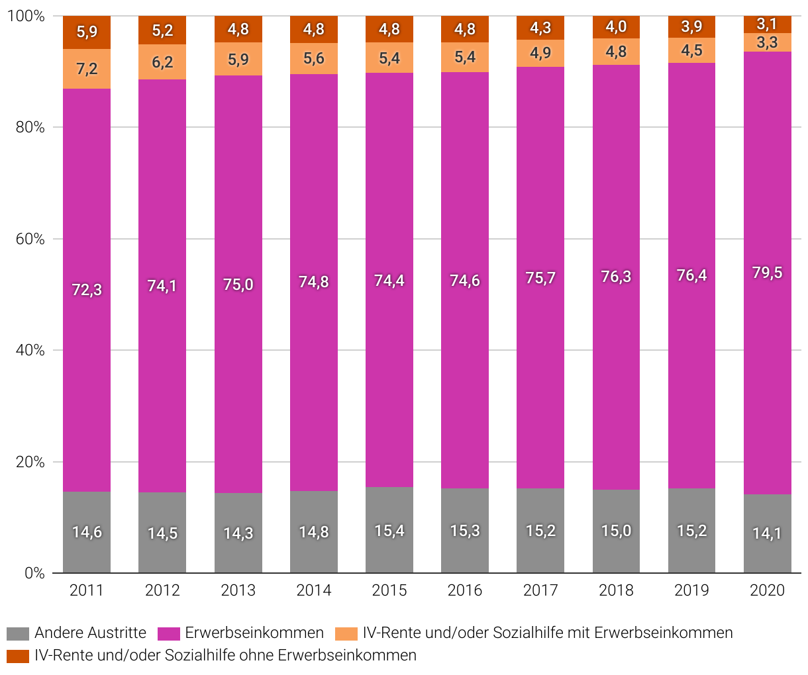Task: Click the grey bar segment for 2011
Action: click(87, 532)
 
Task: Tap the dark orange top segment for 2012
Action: click(162, 30)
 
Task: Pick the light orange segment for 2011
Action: click(87, 69)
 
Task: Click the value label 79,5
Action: click(767, 273)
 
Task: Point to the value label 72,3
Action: click(87, 289)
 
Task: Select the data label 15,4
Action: click(389, 531)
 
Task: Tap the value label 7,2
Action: click(87, 69)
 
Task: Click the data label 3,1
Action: click(767, 25)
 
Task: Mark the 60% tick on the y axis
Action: click(30, 239)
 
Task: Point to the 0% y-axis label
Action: click(34, 573)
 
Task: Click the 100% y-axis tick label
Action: click(26, 16)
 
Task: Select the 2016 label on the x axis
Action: click(465, 590)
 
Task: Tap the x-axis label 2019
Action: click(691, 590)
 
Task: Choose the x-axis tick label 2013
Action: click(238, 590)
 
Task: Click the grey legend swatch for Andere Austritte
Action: click(18, 633)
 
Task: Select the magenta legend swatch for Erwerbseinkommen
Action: click(169, 633)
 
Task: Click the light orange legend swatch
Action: click(346, 633)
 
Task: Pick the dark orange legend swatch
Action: click(18, 656)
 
